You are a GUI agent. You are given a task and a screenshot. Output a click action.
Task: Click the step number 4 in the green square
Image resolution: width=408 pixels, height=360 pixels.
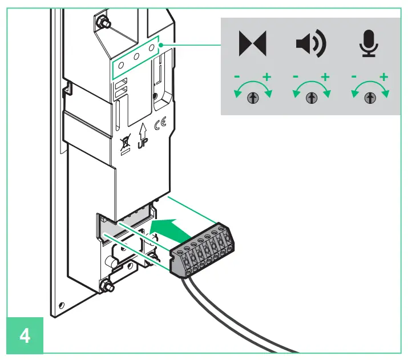pos(25,335)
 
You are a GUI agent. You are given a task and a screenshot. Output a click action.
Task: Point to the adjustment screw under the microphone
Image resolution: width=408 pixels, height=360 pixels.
pos(370,98)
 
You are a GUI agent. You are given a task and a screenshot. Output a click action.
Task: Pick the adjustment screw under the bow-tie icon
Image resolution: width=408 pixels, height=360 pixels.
pos(252,98)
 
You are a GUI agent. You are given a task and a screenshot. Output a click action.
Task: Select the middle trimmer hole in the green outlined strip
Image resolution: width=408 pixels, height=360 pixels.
pos(137,57)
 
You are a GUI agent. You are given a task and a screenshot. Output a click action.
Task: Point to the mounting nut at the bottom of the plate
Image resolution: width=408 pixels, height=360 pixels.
pos(105,285)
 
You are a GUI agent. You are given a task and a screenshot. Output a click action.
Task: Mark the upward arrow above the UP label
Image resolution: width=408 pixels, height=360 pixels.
pos(142,127)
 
